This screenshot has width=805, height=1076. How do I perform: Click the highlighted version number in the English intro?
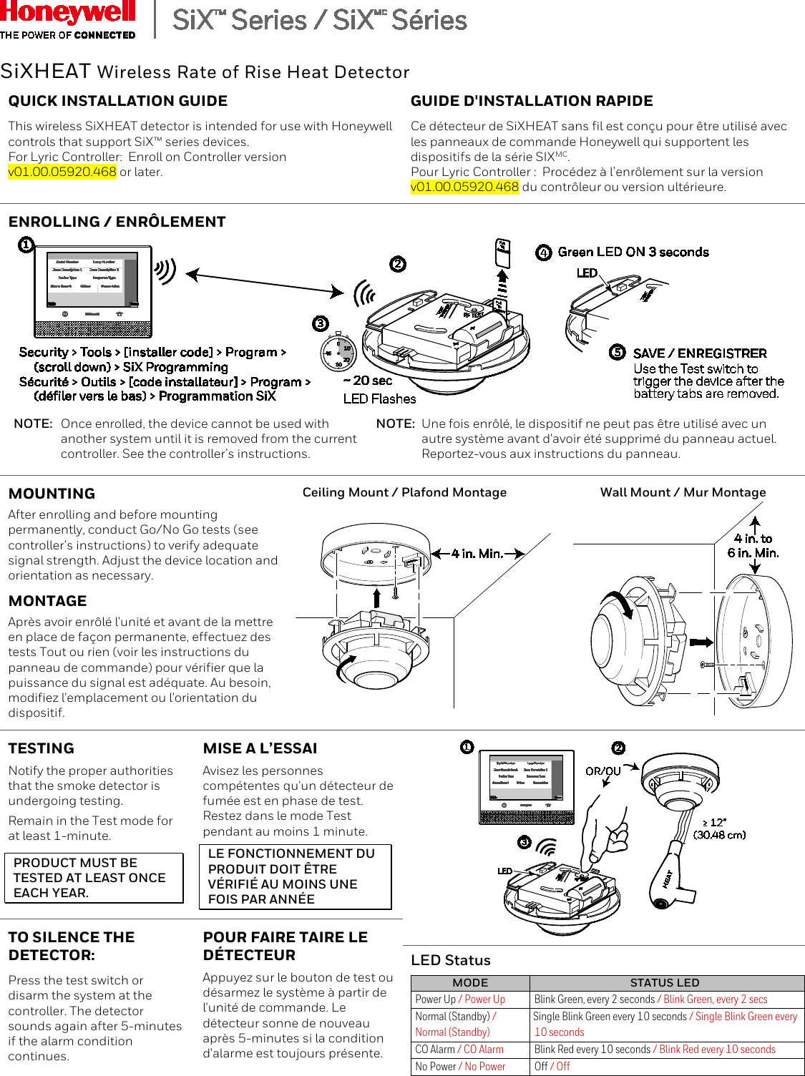click(x=62, y=172)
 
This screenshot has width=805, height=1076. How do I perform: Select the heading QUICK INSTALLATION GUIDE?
click(x=118, y=101)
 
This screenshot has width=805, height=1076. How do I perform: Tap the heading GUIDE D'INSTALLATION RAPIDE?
click(x=532, y=101)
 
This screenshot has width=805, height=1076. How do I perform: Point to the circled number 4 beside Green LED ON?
click(x=544, y=253)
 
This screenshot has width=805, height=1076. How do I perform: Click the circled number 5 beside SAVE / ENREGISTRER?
click(x=617, y=352)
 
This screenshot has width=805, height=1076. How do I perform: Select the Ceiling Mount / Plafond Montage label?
click(x=404, y=492)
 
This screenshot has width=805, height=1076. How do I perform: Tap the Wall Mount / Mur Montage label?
click(x=683, y=492)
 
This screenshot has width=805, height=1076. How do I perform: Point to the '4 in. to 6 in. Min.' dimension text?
click(x=753, y=546)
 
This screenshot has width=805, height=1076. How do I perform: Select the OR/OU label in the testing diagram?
click(x=602, y=771)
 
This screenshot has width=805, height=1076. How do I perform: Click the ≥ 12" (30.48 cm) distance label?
click(x=719, y=828)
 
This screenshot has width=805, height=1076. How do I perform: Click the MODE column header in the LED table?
click(x=470, y=983)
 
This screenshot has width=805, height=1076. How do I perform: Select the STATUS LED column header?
click(x=665, y=983)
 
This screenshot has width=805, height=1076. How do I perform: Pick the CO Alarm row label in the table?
click(x=459, y=1050)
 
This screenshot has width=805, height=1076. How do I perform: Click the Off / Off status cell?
click(x=552, y=1066)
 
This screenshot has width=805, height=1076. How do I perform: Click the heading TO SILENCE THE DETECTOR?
click(x=72, y=946)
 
